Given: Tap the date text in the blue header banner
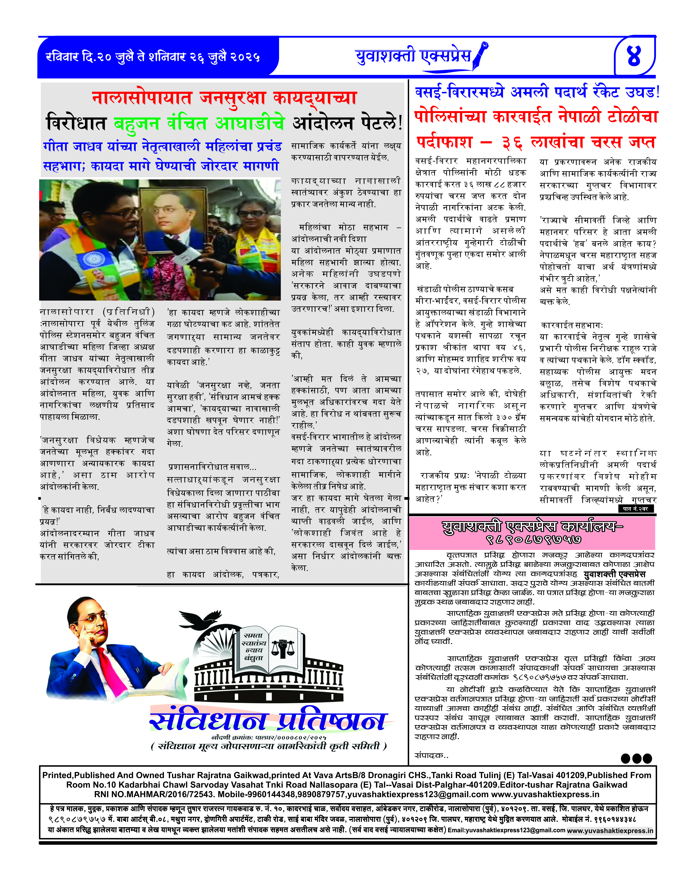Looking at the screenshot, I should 153,57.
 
